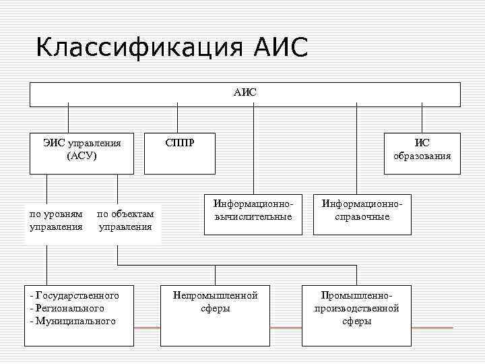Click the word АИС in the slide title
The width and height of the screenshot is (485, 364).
tap(282, 49)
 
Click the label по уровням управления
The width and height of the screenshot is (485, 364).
tap(57, 220)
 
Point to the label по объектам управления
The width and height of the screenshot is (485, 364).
tap(125, 220)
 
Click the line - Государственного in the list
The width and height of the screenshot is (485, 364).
tap(75, 295)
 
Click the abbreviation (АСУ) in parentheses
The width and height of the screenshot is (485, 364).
tap(82, 156)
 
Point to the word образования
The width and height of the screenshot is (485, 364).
tap(422, 157)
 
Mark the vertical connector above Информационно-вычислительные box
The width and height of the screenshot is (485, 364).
tap(254, 152)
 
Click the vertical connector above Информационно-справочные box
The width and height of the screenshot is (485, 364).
tap(356, 152)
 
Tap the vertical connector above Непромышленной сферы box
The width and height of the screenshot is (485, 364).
tap(216, 274)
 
